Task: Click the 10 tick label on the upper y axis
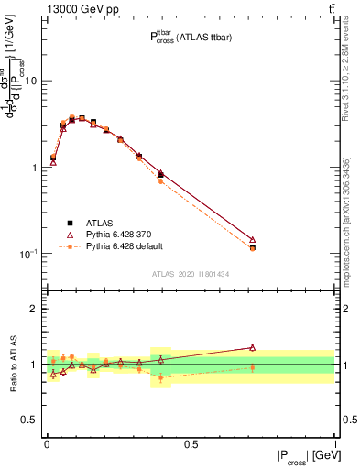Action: [x=30, y=81]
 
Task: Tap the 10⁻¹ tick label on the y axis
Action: [x=27, y=253]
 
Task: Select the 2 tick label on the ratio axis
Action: [x=34, y=310]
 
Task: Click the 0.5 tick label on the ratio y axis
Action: [x=28, y=420]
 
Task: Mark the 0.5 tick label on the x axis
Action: [x=191, y=443]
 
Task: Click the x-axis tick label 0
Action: [x=47, y=443]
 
